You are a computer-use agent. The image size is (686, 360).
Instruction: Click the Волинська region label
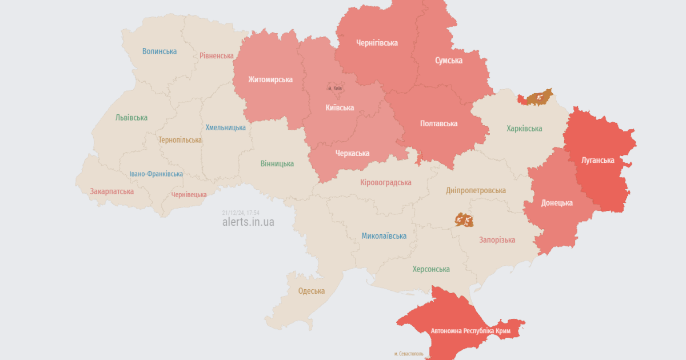159,51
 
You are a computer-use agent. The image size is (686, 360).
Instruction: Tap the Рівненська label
217,56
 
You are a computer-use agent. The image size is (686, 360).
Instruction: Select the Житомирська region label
270,79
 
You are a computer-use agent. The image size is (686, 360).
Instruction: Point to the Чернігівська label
377,43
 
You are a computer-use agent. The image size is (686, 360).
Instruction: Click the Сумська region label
449,61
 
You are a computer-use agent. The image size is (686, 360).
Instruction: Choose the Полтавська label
438,123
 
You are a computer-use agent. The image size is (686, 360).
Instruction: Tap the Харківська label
524,129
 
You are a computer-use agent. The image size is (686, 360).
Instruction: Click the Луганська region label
597,161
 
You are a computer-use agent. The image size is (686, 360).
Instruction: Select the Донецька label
557,203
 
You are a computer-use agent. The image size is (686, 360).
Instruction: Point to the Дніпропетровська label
476,190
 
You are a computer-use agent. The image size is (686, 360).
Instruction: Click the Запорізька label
497,240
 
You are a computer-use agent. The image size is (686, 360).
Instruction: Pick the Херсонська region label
431,269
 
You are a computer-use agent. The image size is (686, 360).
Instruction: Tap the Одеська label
311,291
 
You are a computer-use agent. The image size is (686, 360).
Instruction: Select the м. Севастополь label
409,354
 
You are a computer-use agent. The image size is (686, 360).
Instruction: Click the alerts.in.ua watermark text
248,222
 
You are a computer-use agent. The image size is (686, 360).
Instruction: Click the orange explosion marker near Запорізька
464,219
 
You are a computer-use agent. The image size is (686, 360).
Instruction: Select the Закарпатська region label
111,191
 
